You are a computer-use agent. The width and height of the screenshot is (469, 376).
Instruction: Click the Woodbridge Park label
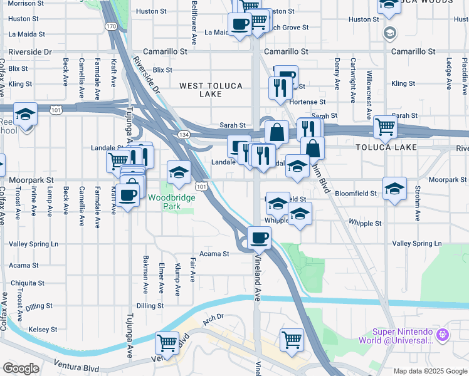[172, 202]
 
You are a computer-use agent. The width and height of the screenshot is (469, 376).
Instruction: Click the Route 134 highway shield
[184, 135]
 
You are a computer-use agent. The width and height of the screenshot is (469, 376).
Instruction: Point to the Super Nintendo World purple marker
[443, 335]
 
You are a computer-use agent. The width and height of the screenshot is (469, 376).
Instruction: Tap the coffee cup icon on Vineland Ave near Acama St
[259, 238]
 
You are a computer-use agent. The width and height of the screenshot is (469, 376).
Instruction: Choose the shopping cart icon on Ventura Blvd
[167, 342]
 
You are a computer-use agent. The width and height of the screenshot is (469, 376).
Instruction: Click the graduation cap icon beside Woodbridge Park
[179, 172]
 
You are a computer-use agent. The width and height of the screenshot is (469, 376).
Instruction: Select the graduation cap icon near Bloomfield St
[394, 188]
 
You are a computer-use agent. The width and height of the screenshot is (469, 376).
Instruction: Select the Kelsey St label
[43, 328]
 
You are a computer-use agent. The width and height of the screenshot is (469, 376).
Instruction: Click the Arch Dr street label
[213, 318]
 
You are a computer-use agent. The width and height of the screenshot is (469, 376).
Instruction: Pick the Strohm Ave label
[416, 206]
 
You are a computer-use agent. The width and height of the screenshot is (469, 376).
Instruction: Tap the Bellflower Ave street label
[194, 23]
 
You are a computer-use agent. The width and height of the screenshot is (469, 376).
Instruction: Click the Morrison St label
[21, 3]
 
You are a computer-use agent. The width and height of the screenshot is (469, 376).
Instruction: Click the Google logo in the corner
[21, 368]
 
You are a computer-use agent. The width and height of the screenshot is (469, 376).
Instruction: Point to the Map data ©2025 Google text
[429, 371]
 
